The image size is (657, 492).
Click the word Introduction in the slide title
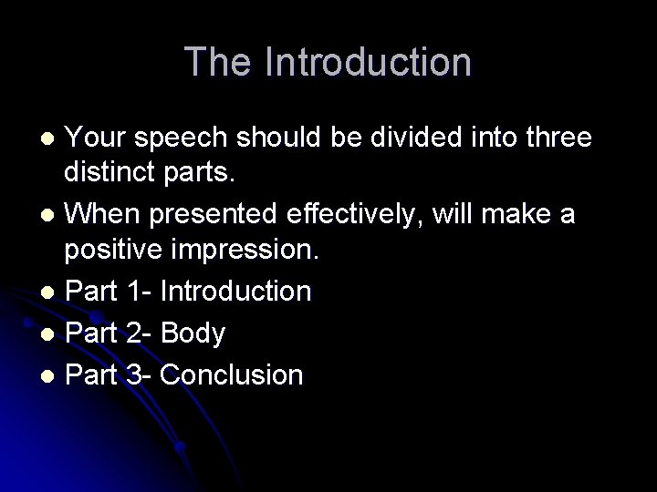click(369, 62)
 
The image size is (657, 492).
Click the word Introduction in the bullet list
click(235, 292)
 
